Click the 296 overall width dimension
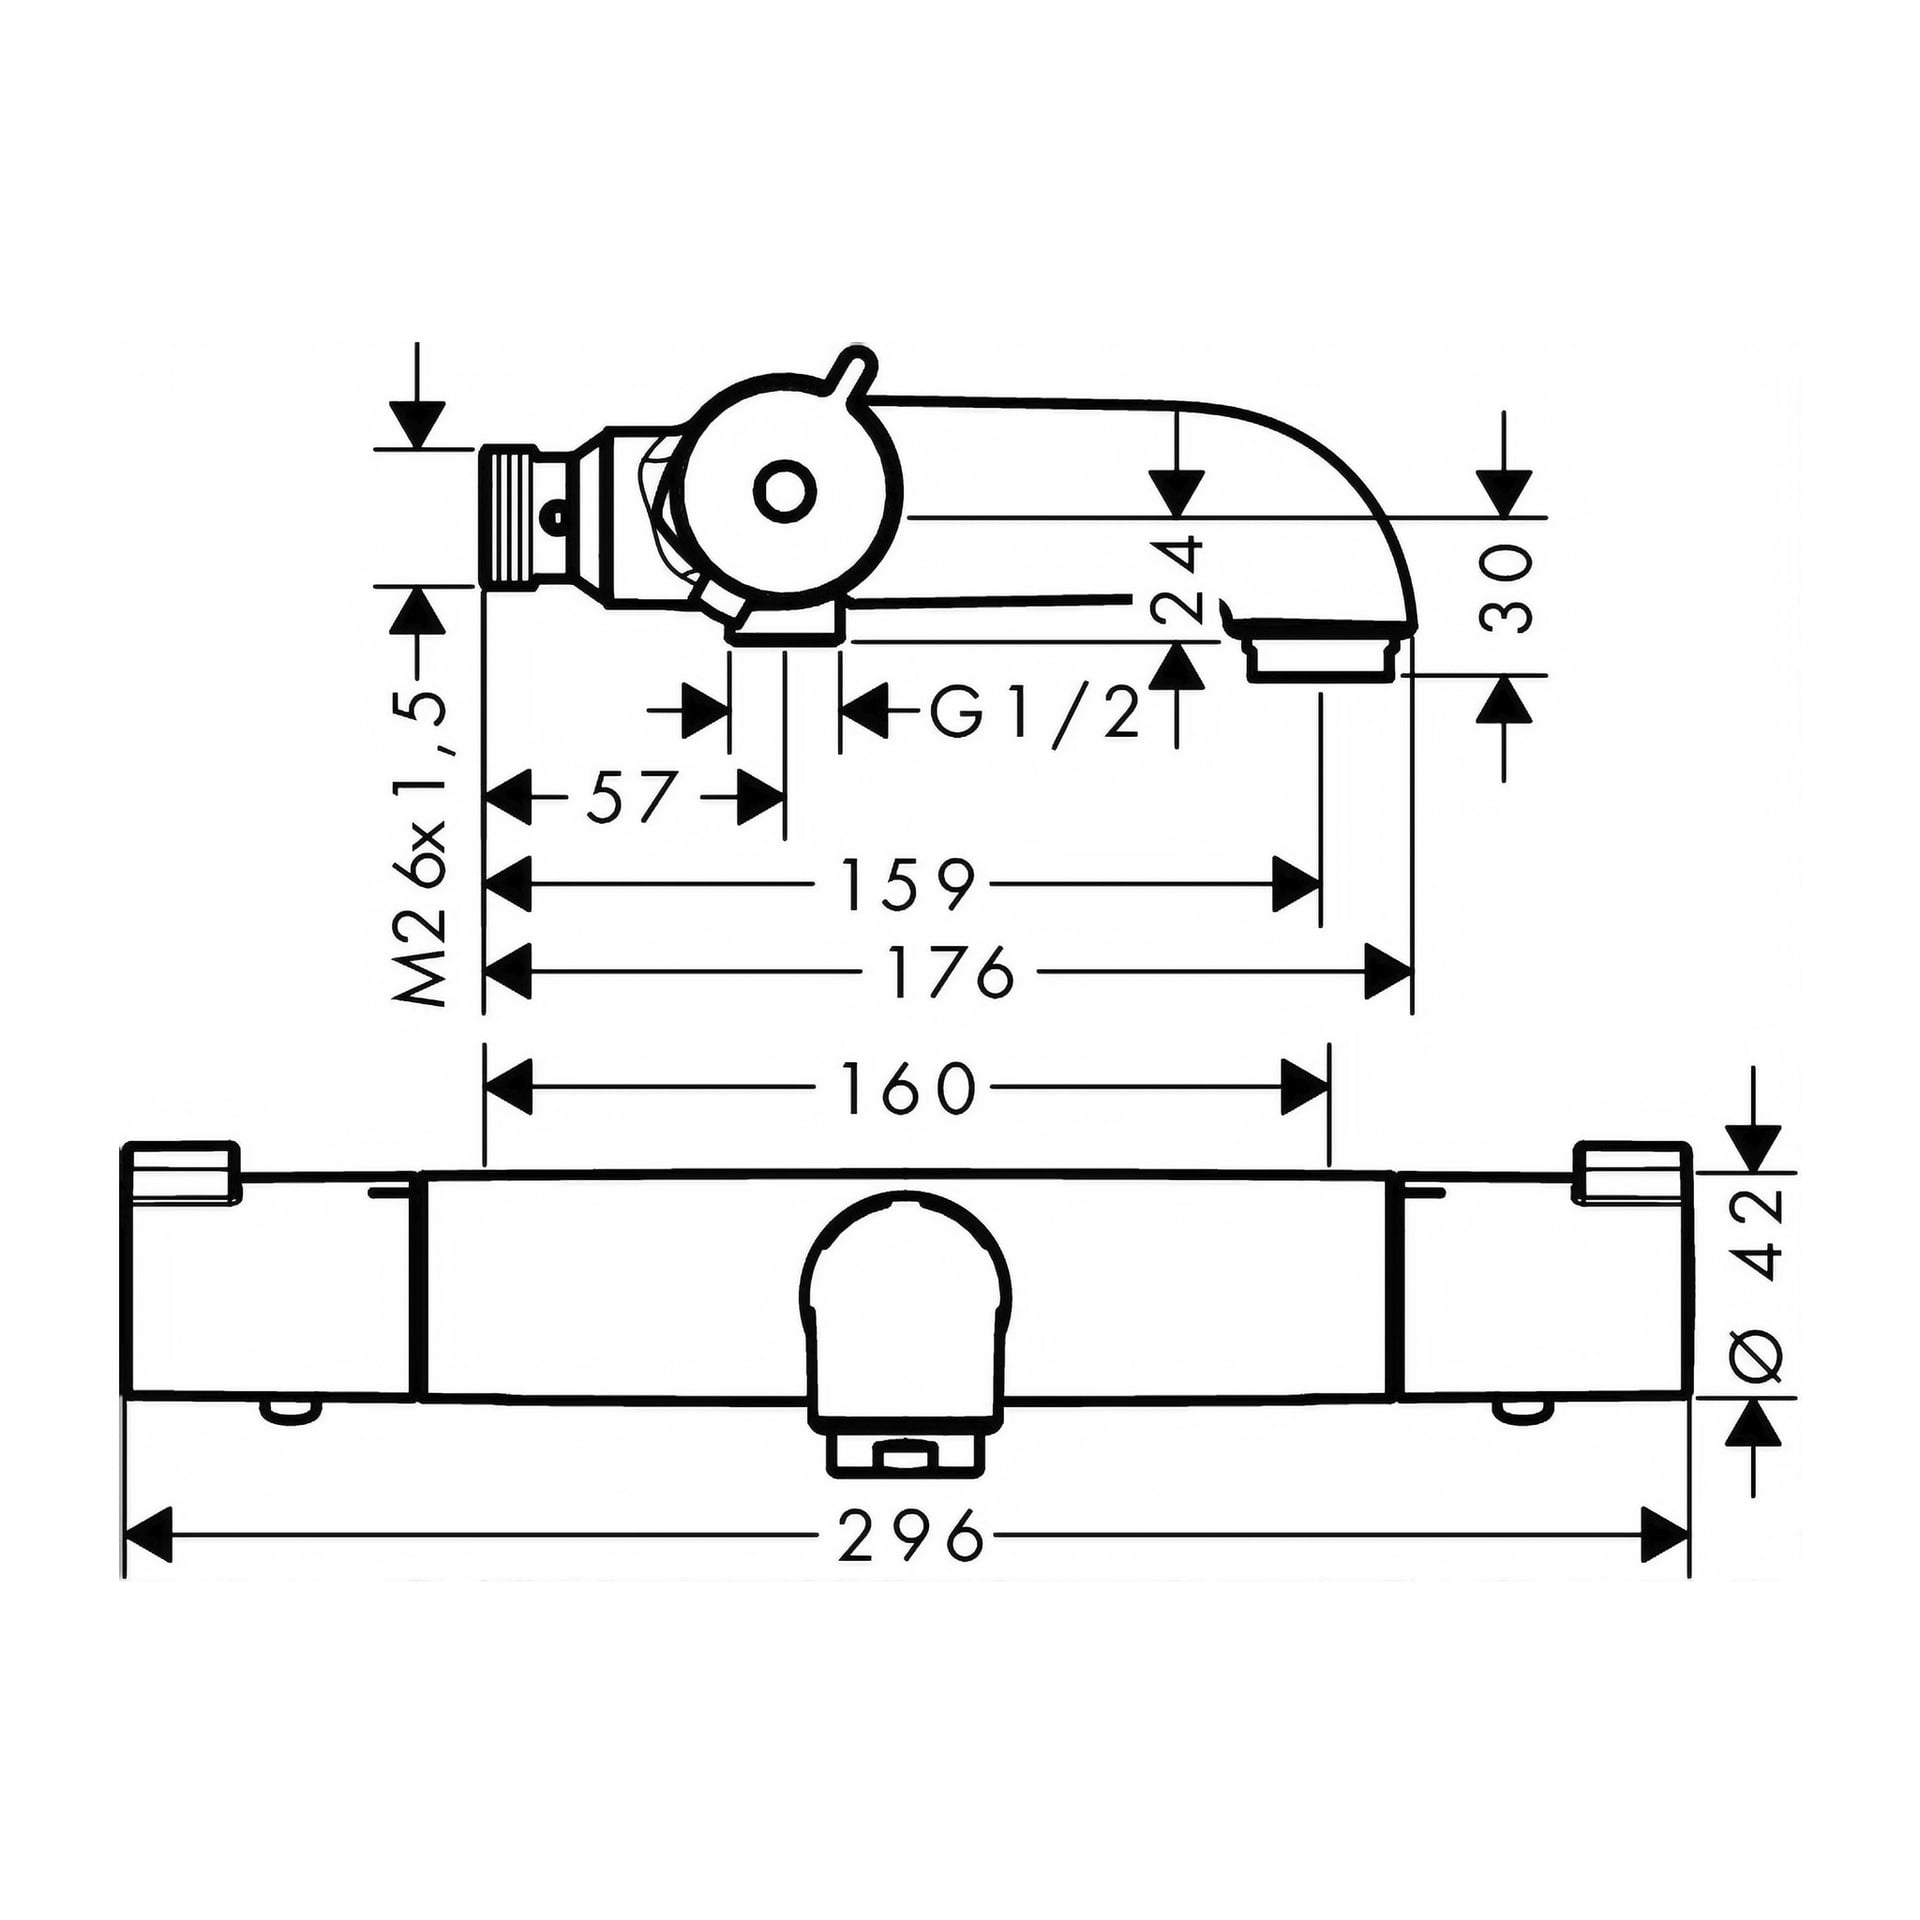click(910, 1561)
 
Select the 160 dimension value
click(907, 1089)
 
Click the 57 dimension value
click(632, 797)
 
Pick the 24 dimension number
click(1178, 579)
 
